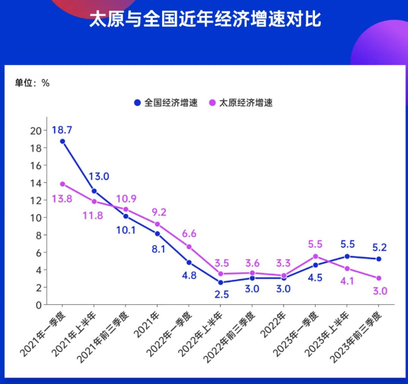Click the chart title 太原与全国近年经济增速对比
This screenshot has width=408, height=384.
pos(204,19)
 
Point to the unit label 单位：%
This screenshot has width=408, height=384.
pos(33,83)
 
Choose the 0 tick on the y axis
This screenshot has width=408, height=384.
pos(39,305)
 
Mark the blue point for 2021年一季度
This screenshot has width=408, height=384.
pos(62,142)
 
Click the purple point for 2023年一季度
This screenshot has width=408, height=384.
pos(316,256)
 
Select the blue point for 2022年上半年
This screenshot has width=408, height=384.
pos(221,282)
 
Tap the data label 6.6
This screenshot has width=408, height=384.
pos(189,233)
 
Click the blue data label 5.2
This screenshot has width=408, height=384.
pos(380,247)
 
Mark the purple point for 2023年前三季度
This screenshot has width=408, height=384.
pos(379,278)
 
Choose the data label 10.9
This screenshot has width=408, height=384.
pos(126,199)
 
